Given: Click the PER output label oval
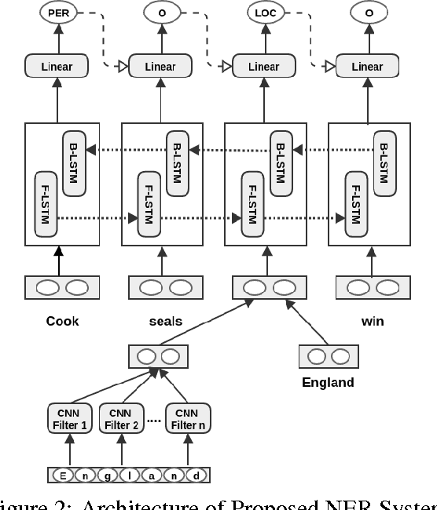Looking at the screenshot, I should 58,13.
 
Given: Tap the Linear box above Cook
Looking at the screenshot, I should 57,67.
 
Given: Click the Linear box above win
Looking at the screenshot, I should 367,67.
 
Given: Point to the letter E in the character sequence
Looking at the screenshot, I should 61,475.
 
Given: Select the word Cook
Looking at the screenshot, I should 63,322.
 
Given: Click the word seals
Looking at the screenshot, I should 166,322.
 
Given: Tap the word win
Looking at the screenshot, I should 373,322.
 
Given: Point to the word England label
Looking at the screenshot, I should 328,383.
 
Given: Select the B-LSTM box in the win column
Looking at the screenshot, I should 383,158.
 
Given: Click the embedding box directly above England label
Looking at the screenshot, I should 328,357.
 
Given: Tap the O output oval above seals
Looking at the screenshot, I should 160,13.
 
